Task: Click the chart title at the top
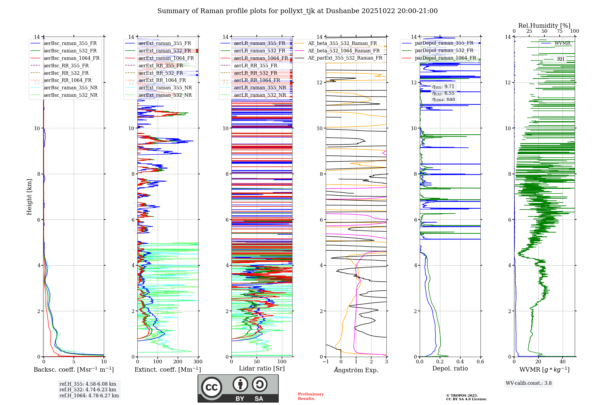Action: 297,11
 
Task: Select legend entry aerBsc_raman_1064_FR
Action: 71,58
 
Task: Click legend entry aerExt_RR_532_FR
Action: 161,73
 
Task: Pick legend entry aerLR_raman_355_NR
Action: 260,88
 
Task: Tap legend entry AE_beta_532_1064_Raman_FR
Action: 344,51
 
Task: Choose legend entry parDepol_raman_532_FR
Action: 444,51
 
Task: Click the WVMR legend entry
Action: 562,43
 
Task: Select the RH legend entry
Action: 560,59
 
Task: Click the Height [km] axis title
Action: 29,197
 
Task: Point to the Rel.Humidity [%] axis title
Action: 544,26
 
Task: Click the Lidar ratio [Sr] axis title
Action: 262,368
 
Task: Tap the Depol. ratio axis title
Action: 450,368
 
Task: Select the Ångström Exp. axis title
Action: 356,370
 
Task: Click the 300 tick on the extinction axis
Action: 198,362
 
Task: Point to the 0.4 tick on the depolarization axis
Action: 460,362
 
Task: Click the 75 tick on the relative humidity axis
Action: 560,31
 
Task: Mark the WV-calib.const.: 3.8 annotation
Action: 529,383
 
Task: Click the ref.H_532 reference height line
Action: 88,390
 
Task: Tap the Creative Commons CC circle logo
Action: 212,387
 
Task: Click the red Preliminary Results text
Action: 311,396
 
